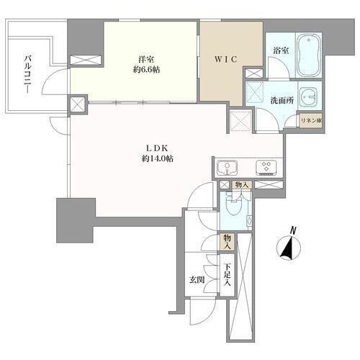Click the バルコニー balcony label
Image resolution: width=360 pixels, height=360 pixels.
pyautogui.click(x=28, y=74)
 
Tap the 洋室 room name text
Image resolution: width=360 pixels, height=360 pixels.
pyautogui.click(x=146, y=59)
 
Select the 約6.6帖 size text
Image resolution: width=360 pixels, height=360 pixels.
pyautogui.click(x=147, y=70)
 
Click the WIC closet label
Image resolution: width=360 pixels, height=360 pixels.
pyautogui.click(x=226, y=59)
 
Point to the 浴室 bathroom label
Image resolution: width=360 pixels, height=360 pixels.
pyautogui.click(x=281, y=50)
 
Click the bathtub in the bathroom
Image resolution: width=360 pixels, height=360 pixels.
pyautogui.click(x=309, y=55)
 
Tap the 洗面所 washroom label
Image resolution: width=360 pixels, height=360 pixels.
pyautogui.click(x=282, y=101)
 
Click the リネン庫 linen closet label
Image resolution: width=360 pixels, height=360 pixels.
pyautogui.click(x=311, y=121)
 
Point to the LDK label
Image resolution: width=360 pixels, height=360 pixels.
pyautogui.click(x=157, y=148)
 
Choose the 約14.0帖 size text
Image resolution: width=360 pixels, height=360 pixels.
pyautogui.click(x=157, y=158)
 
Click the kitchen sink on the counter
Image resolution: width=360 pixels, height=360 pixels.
pyautogui.click(x=227, y=168)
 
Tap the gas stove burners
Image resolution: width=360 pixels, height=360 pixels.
pyautogui.click(x=266, y=167)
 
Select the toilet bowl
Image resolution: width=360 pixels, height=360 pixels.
pyautogui.click(x=235, y=207)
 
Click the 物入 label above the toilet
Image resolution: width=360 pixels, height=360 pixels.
pyautogui.click(x=242, y=185)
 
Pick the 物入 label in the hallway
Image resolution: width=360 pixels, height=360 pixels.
pyautogui.click(x=227, y=242)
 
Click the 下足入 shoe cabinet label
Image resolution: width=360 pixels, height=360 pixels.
pyautogui.click(x=227, y=275)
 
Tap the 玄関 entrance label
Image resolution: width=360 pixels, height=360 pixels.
pyautogui.click(x=197, y=279)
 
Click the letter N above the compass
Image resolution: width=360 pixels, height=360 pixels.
pyautogui.click(x=292, y=230)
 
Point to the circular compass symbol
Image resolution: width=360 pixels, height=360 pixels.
pyautogui.click(x=289, y=248)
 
